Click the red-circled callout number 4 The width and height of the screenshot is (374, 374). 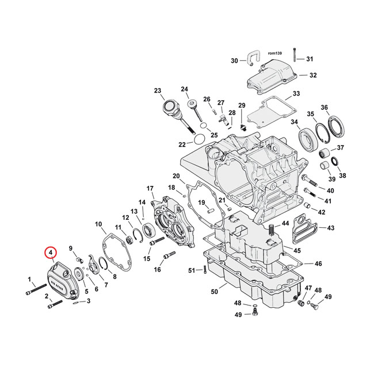(51, 253)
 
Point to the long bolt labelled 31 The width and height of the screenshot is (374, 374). (294, 54)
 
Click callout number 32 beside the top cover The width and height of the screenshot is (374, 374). (312, 75)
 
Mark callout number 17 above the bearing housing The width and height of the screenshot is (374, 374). (150, 188)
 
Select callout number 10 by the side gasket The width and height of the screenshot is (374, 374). (98, 224)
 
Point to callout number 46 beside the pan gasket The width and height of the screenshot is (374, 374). (318, 264)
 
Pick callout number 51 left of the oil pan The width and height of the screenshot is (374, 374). (192, 270)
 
